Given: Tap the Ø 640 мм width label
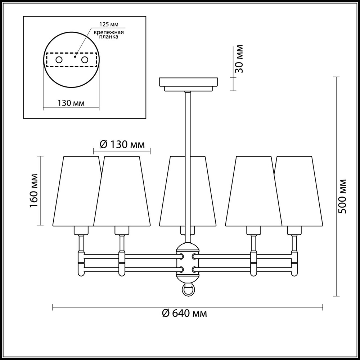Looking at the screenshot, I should coord(184,313).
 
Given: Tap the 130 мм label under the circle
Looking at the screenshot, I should coord(71,103).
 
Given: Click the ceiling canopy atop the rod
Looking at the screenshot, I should coord(188,84).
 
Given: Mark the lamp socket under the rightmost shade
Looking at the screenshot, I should coord(294,230).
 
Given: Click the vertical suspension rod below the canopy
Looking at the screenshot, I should coord(188,144).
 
